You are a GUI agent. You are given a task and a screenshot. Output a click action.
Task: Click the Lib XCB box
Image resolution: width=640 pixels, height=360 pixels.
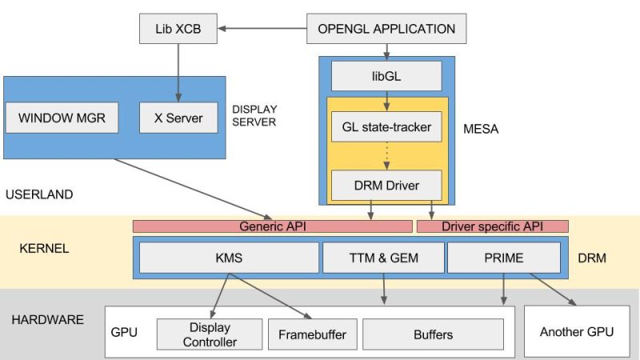pos(178,29)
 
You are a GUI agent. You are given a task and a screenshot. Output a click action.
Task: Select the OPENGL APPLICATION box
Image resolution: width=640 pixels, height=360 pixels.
pos(386,29)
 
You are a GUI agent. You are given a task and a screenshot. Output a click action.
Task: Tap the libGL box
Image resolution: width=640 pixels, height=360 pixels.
pos(386,76)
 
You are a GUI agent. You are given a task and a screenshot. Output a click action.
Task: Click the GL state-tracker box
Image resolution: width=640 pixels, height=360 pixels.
pos(386,126)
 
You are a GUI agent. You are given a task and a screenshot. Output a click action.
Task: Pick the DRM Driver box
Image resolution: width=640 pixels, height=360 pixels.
pos(386,186)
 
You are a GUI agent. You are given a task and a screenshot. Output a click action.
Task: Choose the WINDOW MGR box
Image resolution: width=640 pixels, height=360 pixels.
pos(61,118)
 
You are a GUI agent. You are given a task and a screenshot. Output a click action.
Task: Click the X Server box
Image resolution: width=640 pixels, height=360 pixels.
pos(178,118)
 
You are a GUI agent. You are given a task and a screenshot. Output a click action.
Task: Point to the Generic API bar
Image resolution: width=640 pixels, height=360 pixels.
pos(272,226)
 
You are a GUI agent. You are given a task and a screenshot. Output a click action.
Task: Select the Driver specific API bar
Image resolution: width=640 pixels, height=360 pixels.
pos(492,226)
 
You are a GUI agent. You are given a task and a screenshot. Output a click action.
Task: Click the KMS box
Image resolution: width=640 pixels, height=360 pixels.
pos(229,258)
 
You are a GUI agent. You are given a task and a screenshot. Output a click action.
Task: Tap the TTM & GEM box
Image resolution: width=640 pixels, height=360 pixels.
pos(383,258)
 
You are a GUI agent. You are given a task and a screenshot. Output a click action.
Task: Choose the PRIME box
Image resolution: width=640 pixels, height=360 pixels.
pos(503,258)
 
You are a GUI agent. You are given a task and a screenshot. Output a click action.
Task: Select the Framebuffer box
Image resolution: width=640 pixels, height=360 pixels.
pos(312,334)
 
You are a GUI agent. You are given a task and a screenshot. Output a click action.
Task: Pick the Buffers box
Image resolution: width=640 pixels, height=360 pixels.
pos(434,334)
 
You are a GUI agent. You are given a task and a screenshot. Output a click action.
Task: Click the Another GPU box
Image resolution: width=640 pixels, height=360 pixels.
pos(577,331)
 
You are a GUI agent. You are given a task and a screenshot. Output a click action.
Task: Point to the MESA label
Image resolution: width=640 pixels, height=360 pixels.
pos(481,128)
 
